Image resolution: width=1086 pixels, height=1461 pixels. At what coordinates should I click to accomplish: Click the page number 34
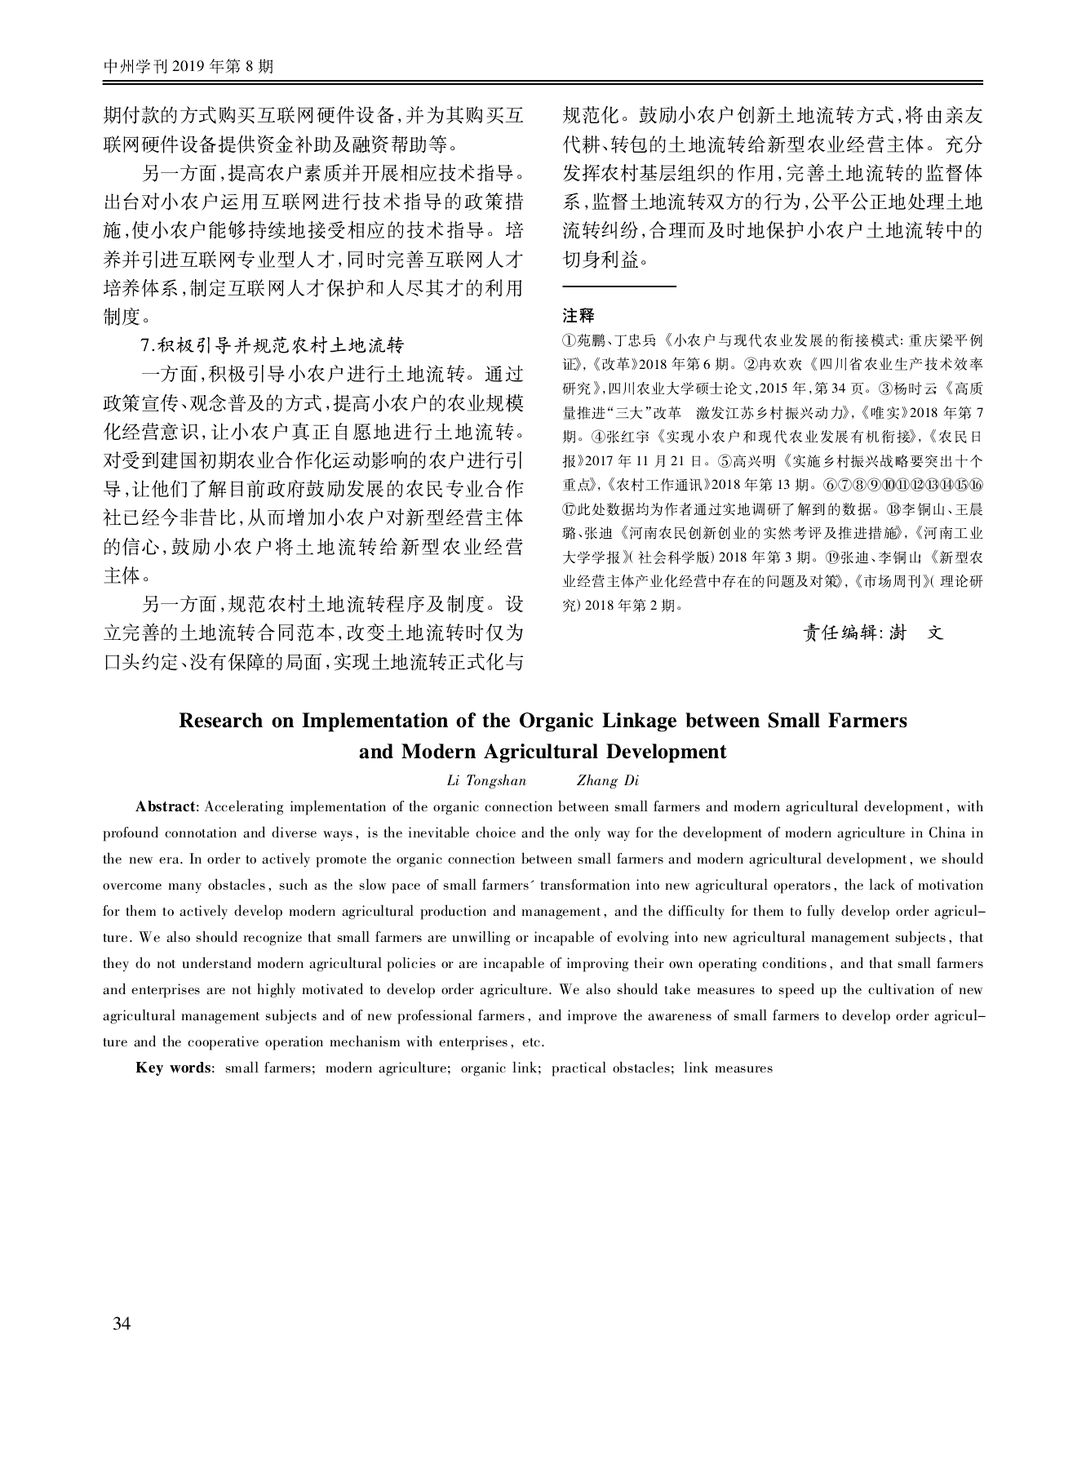pos(122,1323)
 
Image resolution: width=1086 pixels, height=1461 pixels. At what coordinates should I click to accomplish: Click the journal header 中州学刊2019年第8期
pos(188,67)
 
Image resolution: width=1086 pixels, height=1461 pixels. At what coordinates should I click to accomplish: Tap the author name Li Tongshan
pos(486,781)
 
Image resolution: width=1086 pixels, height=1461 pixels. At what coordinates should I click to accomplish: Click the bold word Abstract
pos(166,807)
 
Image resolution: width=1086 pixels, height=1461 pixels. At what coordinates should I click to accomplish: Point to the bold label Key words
pos(174,1068)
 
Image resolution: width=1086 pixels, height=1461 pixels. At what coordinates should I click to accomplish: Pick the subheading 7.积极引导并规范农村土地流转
pos(273,345)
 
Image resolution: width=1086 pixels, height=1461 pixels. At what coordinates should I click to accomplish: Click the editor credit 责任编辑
pos(843,632)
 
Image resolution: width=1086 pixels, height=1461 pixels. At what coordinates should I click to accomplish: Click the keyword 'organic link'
pos(500,1068)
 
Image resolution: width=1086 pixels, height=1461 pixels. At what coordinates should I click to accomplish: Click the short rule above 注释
pos(619,286)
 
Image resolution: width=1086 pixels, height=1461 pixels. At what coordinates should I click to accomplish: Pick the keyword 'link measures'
pos(728,1068)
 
